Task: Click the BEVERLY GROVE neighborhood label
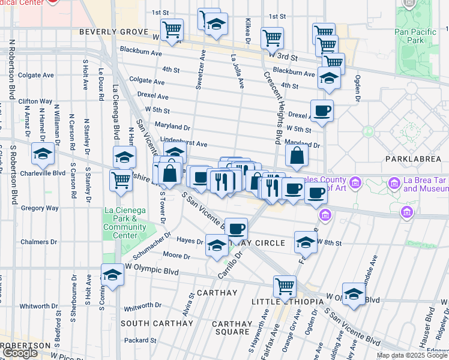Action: (x=113, y=31)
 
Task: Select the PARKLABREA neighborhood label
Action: (x=414, y=159)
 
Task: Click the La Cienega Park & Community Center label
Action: (x=125, y=223)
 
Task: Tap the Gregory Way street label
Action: (x=40, y=208)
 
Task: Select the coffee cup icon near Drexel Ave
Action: (x=322, y=110)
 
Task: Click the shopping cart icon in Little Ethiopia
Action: (x=285, y=286)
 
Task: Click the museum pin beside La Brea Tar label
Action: (x=394, y=182)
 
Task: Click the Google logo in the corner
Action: (x=20, y=353)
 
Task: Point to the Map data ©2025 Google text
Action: (x=412, y=355)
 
